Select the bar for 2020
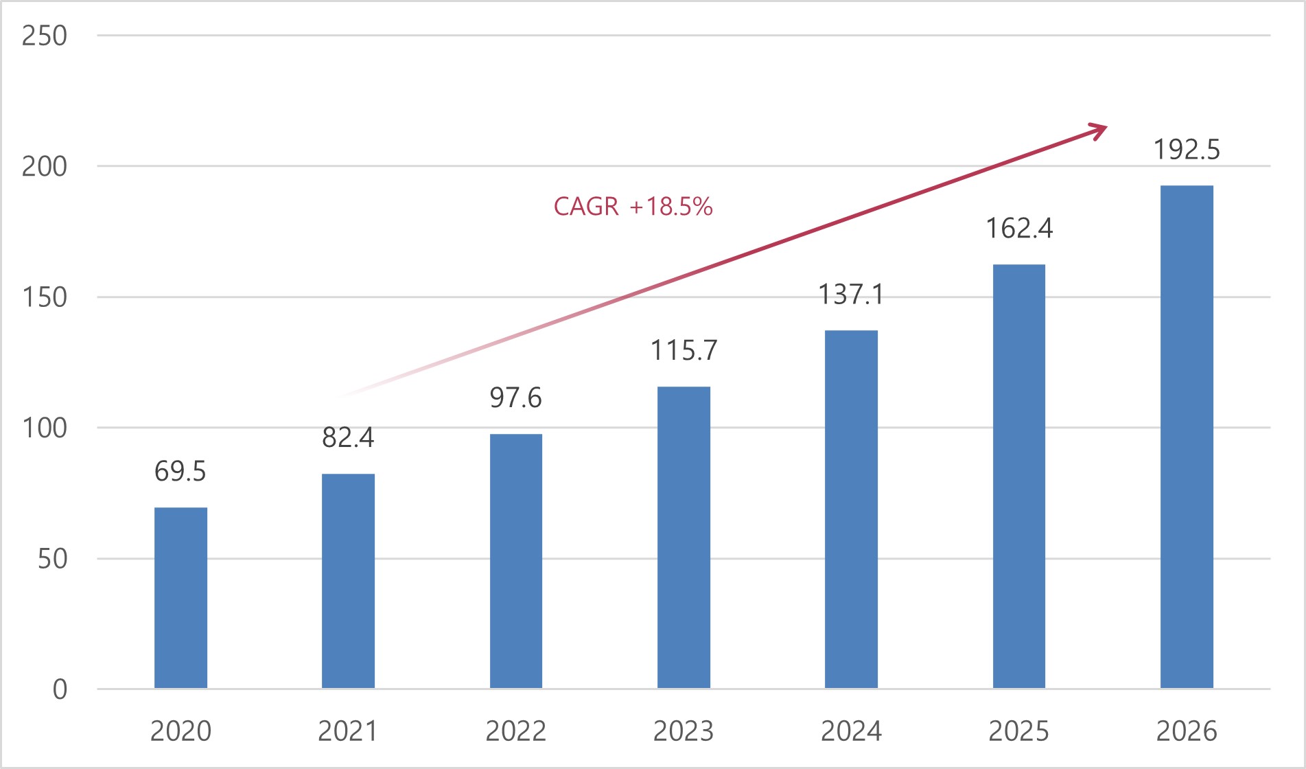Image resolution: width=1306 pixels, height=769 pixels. pos(180,597)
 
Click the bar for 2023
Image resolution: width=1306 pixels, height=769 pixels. pos(684,537)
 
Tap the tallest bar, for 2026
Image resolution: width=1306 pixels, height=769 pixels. pos(1187,437)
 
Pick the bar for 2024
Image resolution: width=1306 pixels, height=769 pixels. pos(851,509)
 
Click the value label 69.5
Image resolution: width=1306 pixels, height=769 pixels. pos(180,472)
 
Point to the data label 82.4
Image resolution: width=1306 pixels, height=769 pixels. pos(348,437)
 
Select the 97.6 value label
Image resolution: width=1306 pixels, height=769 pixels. pos(515,398)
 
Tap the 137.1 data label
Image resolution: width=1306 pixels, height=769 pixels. pos(851,295)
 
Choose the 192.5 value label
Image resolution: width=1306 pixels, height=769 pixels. pos(1187,150)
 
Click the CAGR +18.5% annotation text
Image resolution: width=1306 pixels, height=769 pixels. pos(633,207)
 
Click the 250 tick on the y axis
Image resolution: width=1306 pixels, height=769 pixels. pos(45,36)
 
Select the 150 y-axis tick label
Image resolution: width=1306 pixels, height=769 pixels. pos(45,297)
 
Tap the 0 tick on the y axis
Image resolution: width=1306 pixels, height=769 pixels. pos(60,689)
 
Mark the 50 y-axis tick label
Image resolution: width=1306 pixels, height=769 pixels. pos(52,559)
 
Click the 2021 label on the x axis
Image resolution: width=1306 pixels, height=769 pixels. pos(348,731)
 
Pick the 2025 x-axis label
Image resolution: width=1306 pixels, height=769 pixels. pos(1019,731)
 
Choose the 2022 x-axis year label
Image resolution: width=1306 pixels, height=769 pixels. pos(515,731)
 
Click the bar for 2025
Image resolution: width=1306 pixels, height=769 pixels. pos(1019,476)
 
